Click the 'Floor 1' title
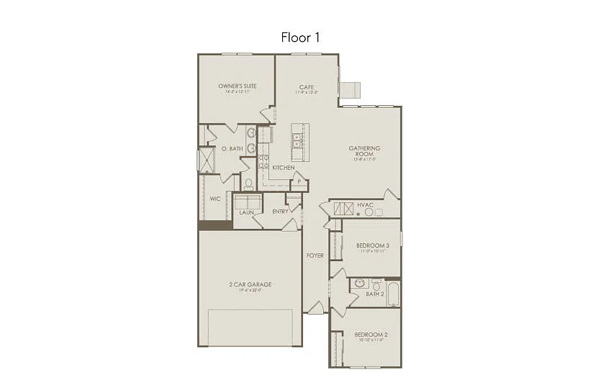[x=300, y=37]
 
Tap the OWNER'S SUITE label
[x=237, y=86]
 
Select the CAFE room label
[x=307, y=86]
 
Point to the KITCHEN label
[x=283, y=168]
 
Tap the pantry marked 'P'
[x=299, y=182]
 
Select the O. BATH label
[x=230, y=149]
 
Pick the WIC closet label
[x=214, y=199]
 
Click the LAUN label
[x=246, y=212]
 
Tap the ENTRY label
[x=280, y=212]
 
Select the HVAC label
[x=365, y=205]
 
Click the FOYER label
[x=315, y=256]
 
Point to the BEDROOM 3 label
[x=371, y=246]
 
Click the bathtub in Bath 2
[x=393, y=294]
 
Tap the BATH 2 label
[x=374, y=294]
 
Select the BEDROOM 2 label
[x=371, y=335]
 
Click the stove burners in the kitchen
[x=263, y=161]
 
